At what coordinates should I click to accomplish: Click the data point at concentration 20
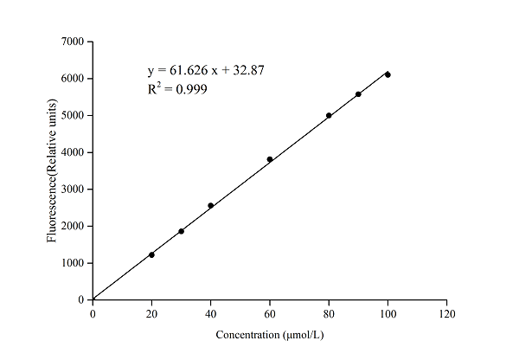[x=151, y=254]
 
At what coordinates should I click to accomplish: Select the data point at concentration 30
[x=181, y=231]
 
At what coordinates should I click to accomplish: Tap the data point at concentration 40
[x=210, y=205]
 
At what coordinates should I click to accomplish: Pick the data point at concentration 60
[x=270, y=159]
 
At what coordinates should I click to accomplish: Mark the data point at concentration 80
[x=329, y=115]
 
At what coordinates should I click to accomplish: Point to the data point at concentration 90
[x=358, y=94]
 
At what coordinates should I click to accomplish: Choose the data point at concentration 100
[x=388, y=74]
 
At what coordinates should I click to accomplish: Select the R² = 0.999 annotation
[x=177, y=88]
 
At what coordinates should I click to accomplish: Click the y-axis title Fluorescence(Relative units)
[x=52, y=170]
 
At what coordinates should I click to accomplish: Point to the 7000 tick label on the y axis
[x=73, y=42]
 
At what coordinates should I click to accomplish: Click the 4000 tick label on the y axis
[x=73, y=152]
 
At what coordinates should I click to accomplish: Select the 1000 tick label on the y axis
[x=73, y=263]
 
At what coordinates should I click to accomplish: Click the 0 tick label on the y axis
[x=81, y=300]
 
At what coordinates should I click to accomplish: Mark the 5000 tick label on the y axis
[x=73, y=115]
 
